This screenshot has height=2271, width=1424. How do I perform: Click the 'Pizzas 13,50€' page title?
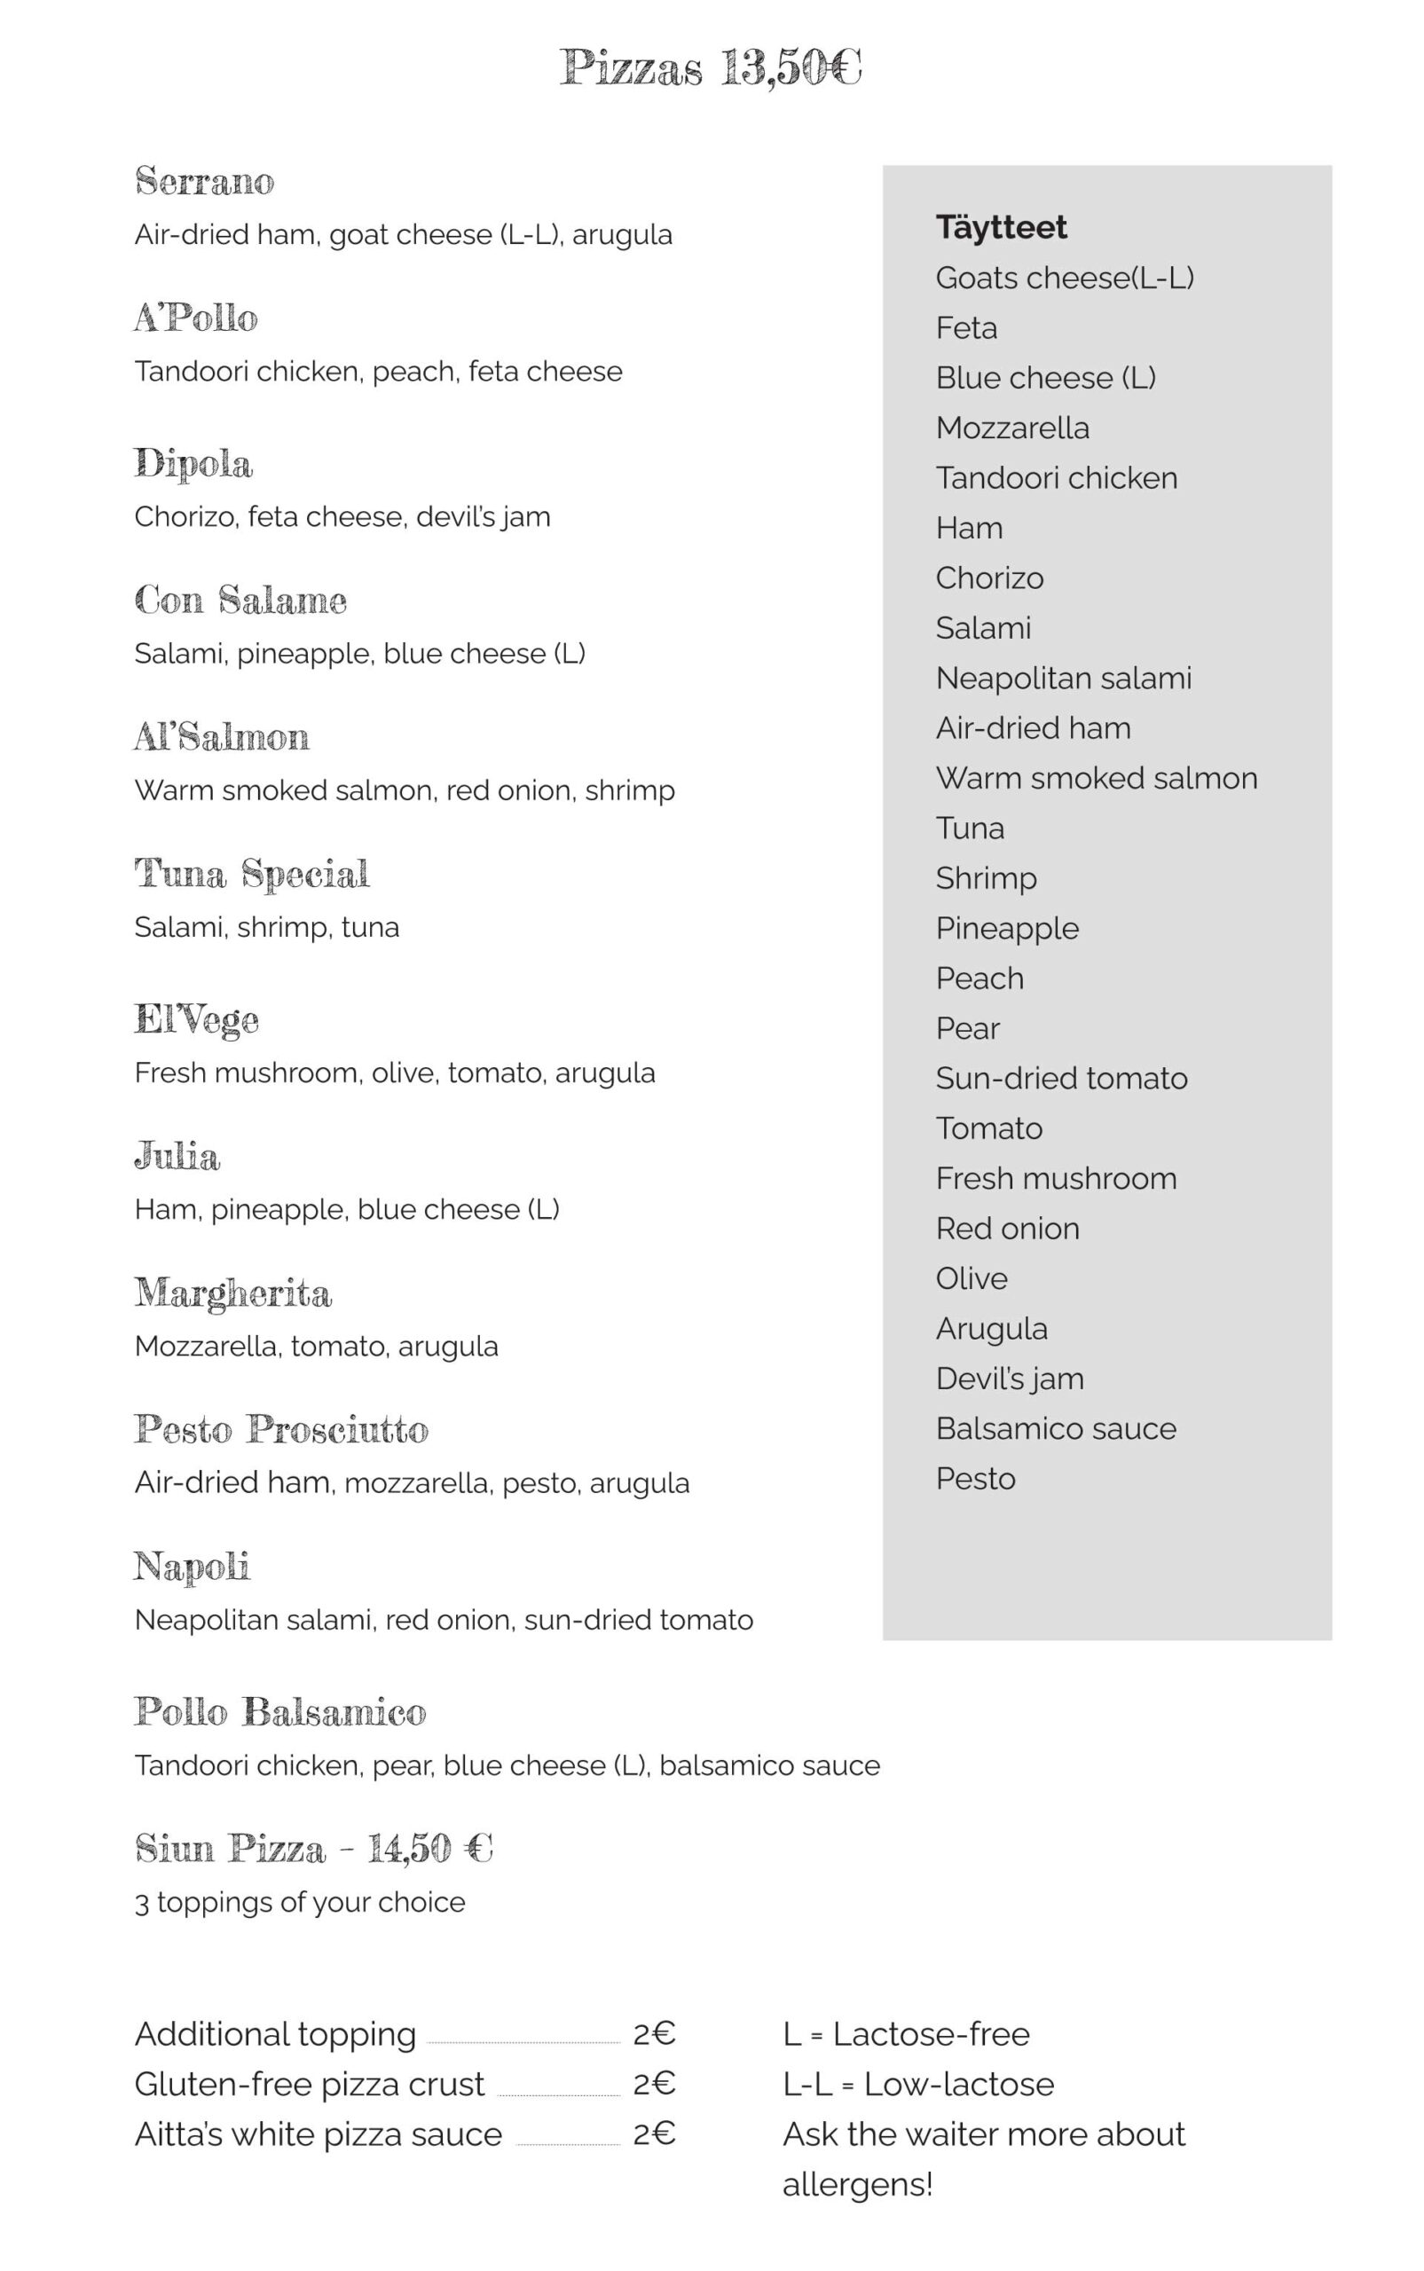tap(711, 67)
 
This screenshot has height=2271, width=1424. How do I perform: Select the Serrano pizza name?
tap(204, 181)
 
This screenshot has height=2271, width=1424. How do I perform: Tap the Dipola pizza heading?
tap(193, 463)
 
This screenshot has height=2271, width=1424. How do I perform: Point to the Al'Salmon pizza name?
tap(221, 736)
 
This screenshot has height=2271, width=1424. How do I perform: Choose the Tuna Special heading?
tap(251, 874)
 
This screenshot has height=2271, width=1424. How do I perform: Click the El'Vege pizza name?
tap(196, 1019)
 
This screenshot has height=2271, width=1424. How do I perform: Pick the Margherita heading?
tap(232, 1293)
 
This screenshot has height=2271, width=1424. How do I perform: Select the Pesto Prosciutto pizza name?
tap(280, 1429)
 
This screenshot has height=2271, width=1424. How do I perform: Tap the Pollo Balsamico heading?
tap(279, 1712)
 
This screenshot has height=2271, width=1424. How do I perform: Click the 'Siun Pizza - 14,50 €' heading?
tap(313, 1848)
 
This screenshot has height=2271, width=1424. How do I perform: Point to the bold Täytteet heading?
tap(1001, 227)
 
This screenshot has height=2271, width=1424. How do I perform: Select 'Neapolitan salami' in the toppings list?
tap(1063, 678)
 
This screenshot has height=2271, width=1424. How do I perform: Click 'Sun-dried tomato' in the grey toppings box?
tap(1061, 1078)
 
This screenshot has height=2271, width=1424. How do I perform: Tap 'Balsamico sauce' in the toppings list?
tap(1056, 1428)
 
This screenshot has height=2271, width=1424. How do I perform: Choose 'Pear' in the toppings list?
tap(967, 1028)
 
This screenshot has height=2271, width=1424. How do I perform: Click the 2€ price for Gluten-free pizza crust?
tap(655, 2084)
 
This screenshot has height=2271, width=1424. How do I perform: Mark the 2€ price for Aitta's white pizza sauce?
tap(655, 2133)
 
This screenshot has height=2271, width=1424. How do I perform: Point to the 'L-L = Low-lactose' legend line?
tap(918, 2084)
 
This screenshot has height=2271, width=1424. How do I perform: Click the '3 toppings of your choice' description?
tap(300, 1902)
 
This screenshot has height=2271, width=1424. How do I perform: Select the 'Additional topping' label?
tap(275, 2034)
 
